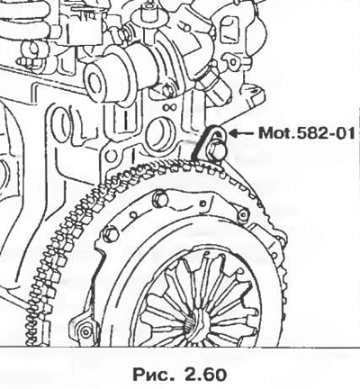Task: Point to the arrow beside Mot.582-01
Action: pyautogui.click(x=241, y=132)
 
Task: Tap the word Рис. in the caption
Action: pyautogui.click(x=154, y=375)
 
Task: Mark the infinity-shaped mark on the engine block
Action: pyautogui.click(x=168, y=107)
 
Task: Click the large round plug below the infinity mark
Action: pyautogui.click(x=159, y=134)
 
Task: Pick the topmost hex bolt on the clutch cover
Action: pyautogui.click(x=159, y=198)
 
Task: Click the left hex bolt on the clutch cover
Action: pyautogui.click(x=110, y=234)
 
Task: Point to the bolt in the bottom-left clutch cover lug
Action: pyautogui.click(x=85, y=331)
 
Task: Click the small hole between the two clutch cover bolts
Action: pyautogui.click(x=133, y=215)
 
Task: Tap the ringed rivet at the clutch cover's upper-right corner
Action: pyautogui.click(x=243, y=214)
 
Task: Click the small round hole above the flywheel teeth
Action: pyautogui.click(x=111, y=157)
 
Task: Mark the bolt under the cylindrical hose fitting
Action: pyautogui.click(x=166, y=90)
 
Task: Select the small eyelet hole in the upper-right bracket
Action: pyautogui.click(x=232, y=62)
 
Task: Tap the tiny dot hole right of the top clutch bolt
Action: pyautogui.click(x=203, y=204)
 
